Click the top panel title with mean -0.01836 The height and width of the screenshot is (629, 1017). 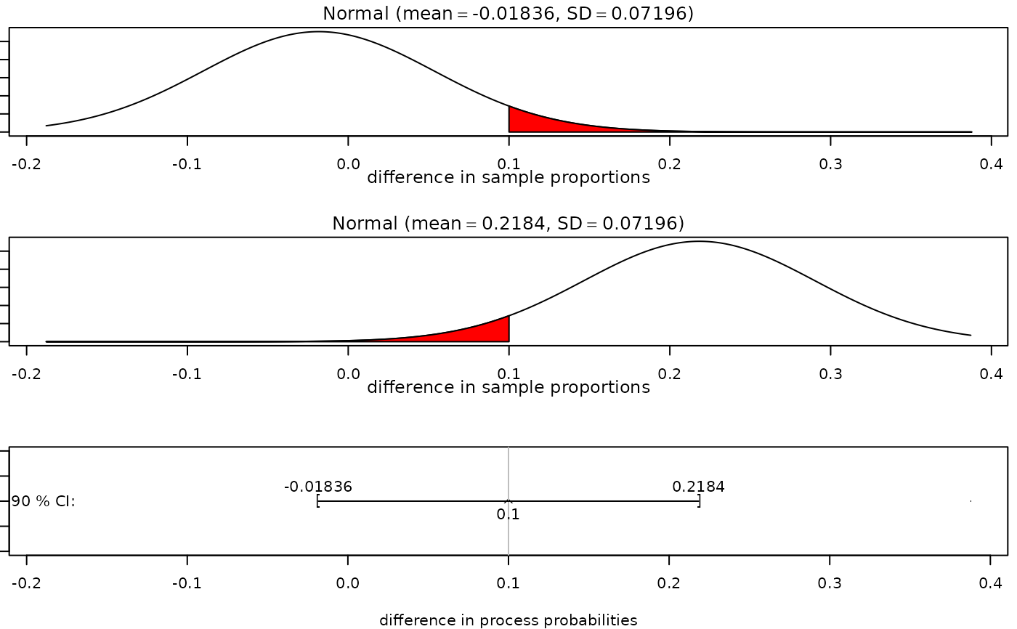(508, 13)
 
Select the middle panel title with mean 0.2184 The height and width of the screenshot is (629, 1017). (508, 223)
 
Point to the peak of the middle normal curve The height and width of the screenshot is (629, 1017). (699, 242)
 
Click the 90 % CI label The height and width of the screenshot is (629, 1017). (44, 501)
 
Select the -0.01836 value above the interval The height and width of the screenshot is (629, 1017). (318, 487)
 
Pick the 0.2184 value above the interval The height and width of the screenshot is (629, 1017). (698, 487)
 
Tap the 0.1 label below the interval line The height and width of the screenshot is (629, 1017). (508, 515)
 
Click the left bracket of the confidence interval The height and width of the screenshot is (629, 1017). (318, 501)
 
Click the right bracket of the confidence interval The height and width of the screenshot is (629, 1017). (699, 501)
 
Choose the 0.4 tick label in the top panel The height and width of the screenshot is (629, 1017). (991, 163)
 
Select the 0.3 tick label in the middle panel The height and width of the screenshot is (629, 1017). (830, 373)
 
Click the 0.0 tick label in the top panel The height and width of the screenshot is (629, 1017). (348, 163)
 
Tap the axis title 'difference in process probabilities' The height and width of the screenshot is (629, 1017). (508, 620)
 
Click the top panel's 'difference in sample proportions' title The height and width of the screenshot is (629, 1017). (508, 177)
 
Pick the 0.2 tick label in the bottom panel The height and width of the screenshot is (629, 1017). (669, 583)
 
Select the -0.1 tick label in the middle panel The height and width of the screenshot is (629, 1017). (187, 373)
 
